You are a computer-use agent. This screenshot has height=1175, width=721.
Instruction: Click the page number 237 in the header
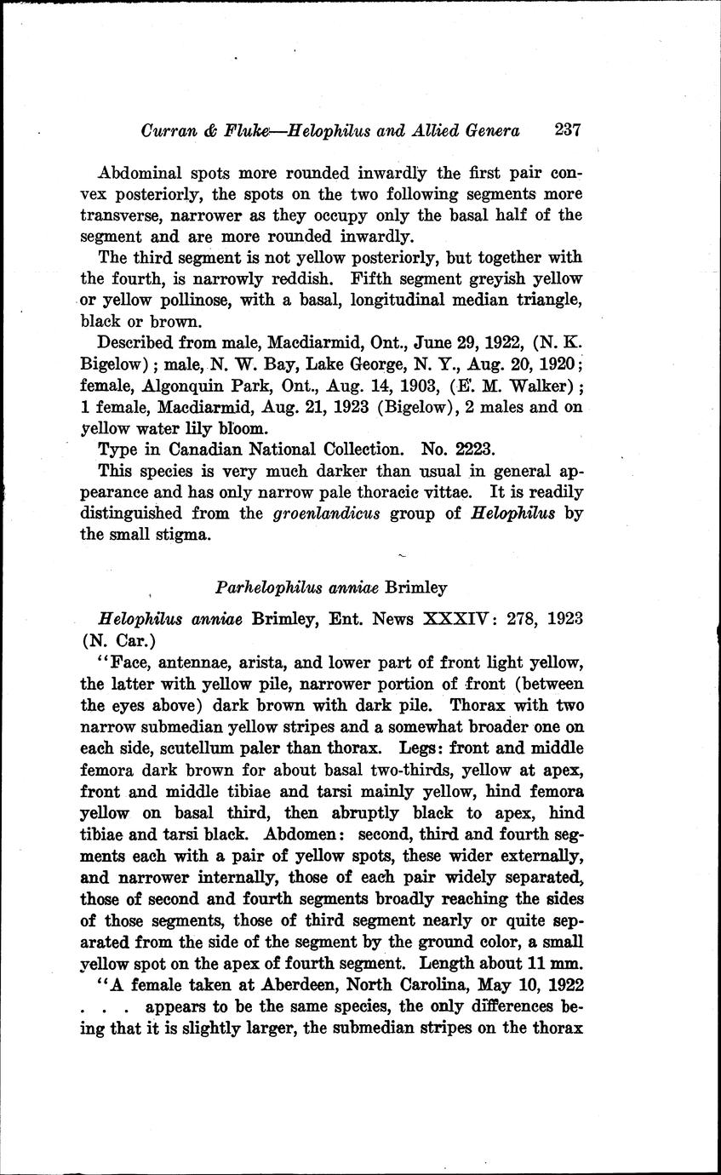click(x=567, y=130)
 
